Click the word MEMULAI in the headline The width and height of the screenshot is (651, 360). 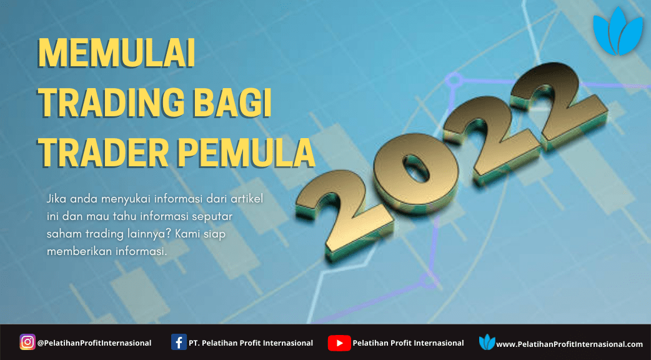coord(117,53)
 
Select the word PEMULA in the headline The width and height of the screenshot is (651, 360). coord(246,152)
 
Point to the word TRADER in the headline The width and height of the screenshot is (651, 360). coord(103,152)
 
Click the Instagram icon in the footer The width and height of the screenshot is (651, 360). coord(27,342)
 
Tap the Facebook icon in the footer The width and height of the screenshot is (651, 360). coord(179,342)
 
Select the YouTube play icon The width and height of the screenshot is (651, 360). coord(339,343)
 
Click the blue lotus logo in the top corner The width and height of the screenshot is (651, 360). coord(618,31)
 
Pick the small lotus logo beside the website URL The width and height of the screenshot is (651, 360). coord(487,342)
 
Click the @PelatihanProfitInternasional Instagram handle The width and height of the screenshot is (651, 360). coord(94,343)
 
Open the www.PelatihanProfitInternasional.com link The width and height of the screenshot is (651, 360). coord(570,344)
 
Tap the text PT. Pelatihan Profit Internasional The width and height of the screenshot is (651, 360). coord(251,343)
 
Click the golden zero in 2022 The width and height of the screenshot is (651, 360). coord(415,172)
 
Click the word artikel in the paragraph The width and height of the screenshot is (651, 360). coord(247,199)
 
